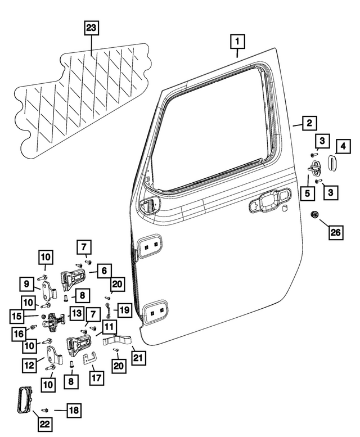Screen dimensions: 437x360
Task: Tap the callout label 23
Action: point(91,27)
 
